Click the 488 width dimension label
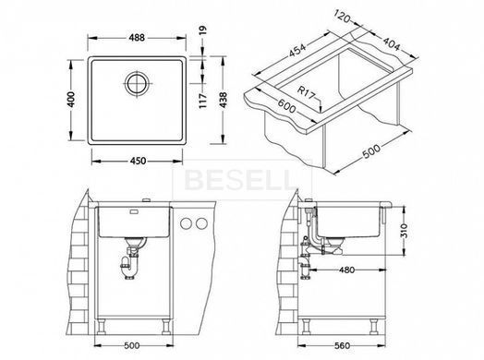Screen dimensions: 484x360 point(137,38)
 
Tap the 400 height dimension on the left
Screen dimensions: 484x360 point(71,100)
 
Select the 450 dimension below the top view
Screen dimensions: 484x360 point(138,161)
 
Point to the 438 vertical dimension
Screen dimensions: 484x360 point(223,100)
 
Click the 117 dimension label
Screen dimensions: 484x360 point(203,101)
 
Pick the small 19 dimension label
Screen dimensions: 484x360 point(203,30)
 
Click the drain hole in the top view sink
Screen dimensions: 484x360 point(137,84)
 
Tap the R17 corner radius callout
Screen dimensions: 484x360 point(306,92)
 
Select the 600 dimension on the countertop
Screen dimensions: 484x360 point(286,106)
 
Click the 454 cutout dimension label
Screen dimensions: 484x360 point(296,51)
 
